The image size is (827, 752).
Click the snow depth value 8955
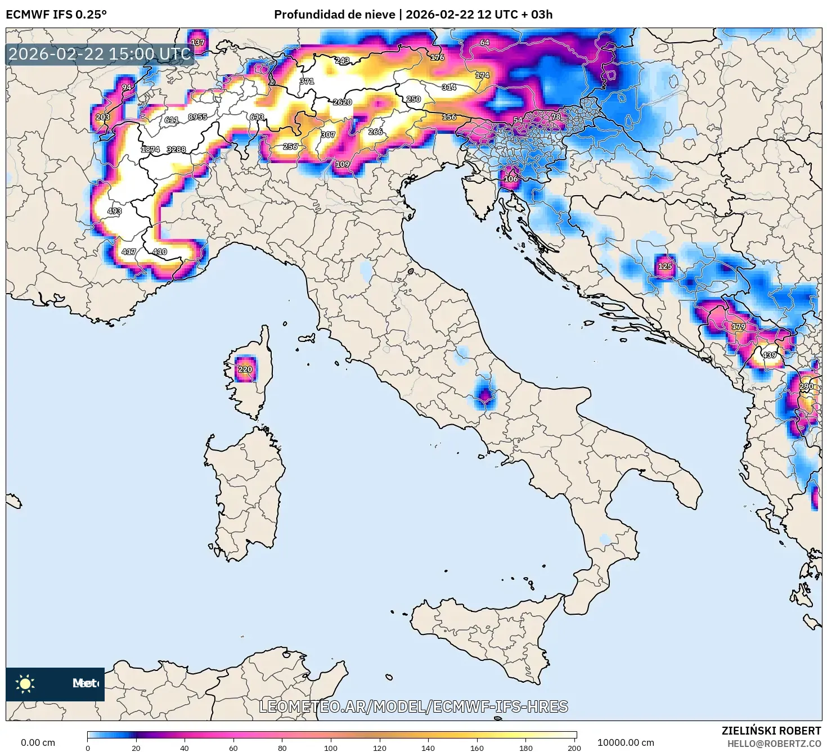[197, 117]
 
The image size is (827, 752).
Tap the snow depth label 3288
[176, 150]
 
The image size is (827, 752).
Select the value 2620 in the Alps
[342, 102]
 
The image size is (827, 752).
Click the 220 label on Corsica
[245, 370]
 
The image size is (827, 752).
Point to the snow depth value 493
[114, 211]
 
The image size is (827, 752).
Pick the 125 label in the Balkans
[665, 266]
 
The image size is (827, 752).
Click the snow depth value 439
[769, 355]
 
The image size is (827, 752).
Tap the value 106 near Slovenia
[510, 179]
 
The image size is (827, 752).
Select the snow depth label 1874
[150, 150]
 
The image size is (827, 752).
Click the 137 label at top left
[197, 43]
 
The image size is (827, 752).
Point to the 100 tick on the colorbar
[331, 748]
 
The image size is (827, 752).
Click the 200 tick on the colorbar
[574, 748]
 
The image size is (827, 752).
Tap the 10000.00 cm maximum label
[626, 742]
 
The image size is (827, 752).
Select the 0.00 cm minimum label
[38, 742]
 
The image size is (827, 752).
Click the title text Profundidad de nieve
[334, 15]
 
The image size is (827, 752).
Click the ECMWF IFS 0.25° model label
[56, 15]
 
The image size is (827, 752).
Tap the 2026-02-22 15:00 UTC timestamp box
[100, 55]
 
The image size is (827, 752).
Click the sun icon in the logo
[25, 683]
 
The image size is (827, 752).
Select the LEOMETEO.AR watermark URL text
[414, 706]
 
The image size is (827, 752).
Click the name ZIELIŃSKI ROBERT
[771, 731]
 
